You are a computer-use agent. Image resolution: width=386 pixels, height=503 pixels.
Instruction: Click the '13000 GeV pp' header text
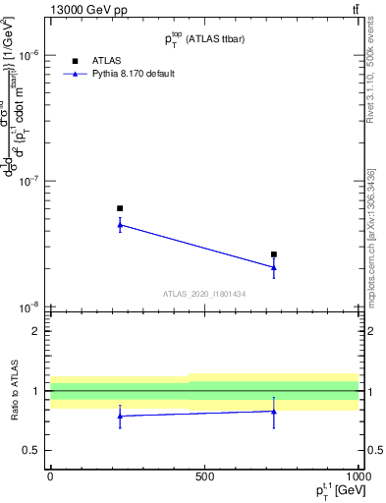point(88,10)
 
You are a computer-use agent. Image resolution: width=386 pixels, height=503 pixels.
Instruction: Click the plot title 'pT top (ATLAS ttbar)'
point(203,38)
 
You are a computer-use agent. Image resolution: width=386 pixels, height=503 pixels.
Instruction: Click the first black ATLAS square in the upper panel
point(120,208)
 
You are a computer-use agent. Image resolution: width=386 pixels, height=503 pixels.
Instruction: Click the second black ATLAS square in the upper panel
point(274,254)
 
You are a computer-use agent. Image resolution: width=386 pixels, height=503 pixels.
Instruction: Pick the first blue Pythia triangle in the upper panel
point(120,225)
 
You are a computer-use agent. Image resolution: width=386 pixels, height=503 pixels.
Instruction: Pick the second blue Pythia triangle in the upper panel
point(274,267)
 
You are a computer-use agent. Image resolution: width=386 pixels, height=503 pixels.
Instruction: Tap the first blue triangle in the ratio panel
point(120,416)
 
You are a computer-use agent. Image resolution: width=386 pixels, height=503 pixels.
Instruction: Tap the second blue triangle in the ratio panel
point(274,412)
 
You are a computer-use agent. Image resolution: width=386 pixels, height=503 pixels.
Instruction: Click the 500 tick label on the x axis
point(204,476)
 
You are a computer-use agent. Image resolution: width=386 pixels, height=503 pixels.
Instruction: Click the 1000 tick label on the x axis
point(357,476)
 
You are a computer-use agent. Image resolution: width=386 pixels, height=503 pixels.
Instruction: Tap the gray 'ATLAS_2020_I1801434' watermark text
point(203,294)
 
